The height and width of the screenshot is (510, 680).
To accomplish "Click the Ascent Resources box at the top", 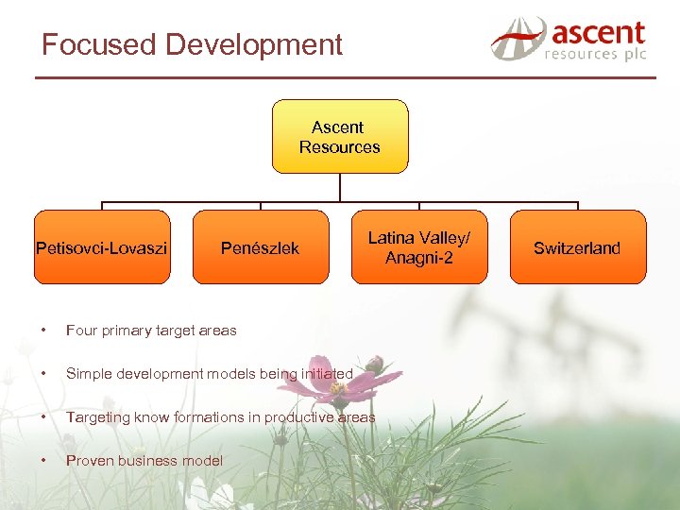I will tap(340, 137).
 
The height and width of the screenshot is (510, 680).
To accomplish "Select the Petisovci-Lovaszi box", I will tap(102, 247).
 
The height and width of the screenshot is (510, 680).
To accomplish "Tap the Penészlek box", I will tap(260, 247).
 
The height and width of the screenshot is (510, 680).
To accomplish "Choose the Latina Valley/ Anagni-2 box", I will tap(419, 247).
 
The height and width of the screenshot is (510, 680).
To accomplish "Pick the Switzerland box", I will tap(577, 247).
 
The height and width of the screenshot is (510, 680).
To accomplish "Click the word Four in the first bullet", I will tap(81, 331).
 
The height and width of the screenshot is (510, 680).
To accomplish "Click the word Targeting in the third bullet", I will tap(96, 417).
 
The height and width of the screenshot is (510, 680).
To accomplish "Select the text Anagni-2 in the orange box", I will tap(419, 258).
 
